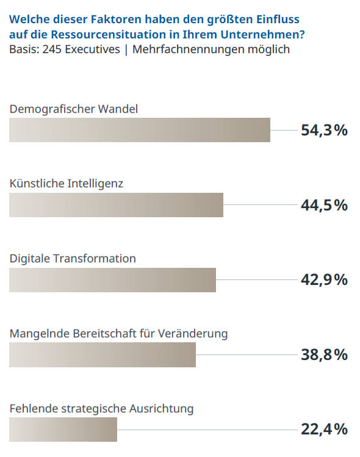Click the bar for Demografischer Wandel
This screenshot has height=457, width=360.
pyautogui.click(x=140, y=130)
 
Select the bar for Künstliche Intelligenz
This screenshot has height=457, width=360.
pyautogui.click(x=116, y=205)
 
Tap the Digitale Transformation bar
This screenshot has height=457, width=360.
pyautogui.click(x=112, y=280)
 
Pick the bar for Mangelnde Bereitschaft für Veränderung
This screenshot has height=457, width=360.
pyautogui.click(x=103, y=355)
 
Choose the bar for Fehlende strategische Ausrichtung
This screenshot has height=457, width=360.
pyautogui.click(x=63, y=430)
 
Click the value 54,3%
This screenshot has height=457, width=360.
pyautogui.click(x=324, y=130)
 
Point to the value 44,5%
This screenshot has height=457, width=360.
pyautogui.click(x=324, y=205)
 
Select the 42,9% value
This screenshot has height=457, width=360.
pyautogui.click(x=324, y=280)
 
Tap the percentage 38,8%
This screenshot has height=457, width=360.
pyautogui.click(x=324, y=354)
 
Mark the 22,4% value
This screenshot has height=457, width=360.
pyautogui.click(x=324, y=430)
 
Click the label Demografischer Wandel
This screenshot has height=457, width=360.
pyautogui.click(x=74, y=109)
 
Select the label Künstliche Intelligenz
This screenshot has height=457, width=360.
pyautogui.click(x=67, y=184)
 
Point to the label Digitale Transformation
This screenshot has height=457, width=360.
pyautogui.click(x=73, y=259)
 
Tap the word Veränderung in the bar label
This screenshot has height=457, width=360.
pyautogui.click(x=193, y=334)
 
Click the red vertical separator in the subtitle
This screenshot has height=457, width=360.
pyautogui.click(x=126, y=49)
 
